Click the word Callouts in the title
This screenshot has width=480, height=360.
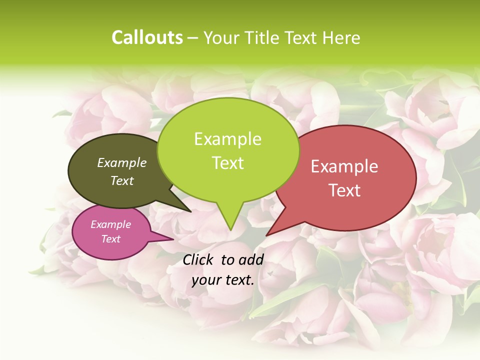(x=147, y=37)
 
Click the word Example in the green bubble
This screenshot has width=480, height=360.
(x=227, y=139)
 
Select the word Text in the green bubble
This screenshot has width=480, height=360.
(x=227, y=163)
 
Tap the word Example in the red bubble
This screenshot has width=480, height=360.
(x=344, y=166)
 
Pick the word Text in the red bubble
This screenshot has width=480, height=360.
(x=344, y=190)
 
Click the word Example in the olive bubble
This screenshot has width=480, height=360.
(x=122, y=162)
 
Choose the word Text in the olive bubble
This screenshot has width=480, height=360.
(x=122, y=180)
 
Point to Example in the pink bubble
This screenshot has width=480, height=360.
(x=111, y=224)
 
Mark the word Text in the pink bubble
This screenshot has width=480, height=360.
(x=111, y=239)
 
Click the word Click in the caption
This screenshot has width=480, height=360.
(x=199, y=259)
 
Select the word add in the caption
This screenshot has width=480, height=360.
(x=251, y=259)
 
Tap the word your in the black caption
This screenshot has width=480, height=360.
(x=206, y=280)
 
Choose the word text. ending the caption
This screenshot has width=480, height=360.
(x=239, y=280)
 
